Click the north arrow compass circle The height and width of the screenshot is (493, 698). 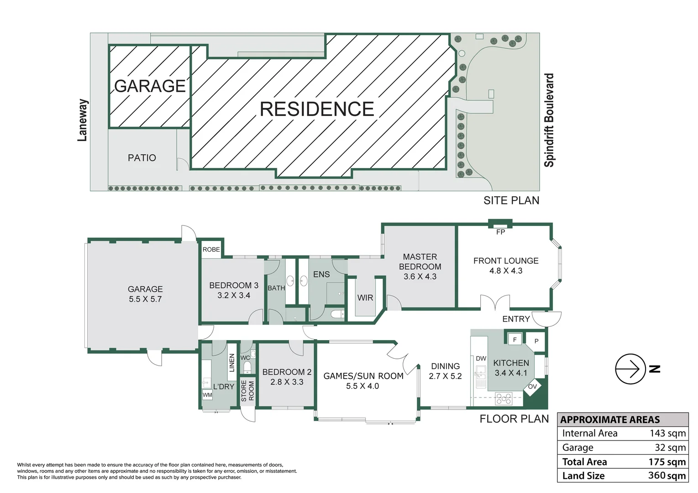coord(630,369)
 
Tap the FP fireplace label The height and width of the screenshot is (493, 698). coord(500,232)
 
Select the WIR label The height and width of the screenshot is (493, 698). coord(365,298)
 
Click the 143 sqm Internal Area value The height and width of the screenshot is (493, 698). coord(667,433)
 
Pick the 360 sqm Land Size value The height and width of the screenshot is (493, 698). coord(667,475)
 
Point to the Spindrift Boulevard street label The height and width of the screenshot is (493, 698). coord(549,120)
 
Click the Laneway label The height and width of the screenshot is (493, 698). coord(82,120)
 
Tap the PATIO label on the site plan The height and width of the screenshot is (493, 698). coord(142,158)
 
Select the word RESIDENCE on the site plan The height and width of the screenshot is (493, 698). coord(317,109)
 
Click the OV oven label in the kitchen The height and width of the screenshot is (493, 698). coord(532,387)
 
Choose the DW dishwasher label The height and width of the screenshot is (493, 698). coord(481,358)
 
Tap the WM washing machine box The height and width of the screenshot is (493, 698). coord(207,395)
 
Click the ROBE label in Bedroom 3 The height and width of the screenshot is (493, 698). coord(211,250)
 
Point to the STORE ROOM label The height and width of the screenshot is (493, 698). coord(247,391)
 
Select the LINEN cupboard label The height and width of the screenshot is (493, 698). coord(232,363)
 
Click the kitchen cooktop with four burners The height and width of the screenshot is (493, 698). coord(504,399)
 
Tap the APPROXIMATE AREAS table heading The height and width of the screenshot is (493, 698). coord(610,420)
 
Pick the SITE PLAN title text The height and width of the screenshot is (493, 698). coord(511,200)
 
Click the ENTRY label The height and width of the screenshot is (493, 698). coord(516,319)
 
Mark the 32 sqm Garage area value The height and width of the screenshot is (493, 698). coord(670,447)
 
